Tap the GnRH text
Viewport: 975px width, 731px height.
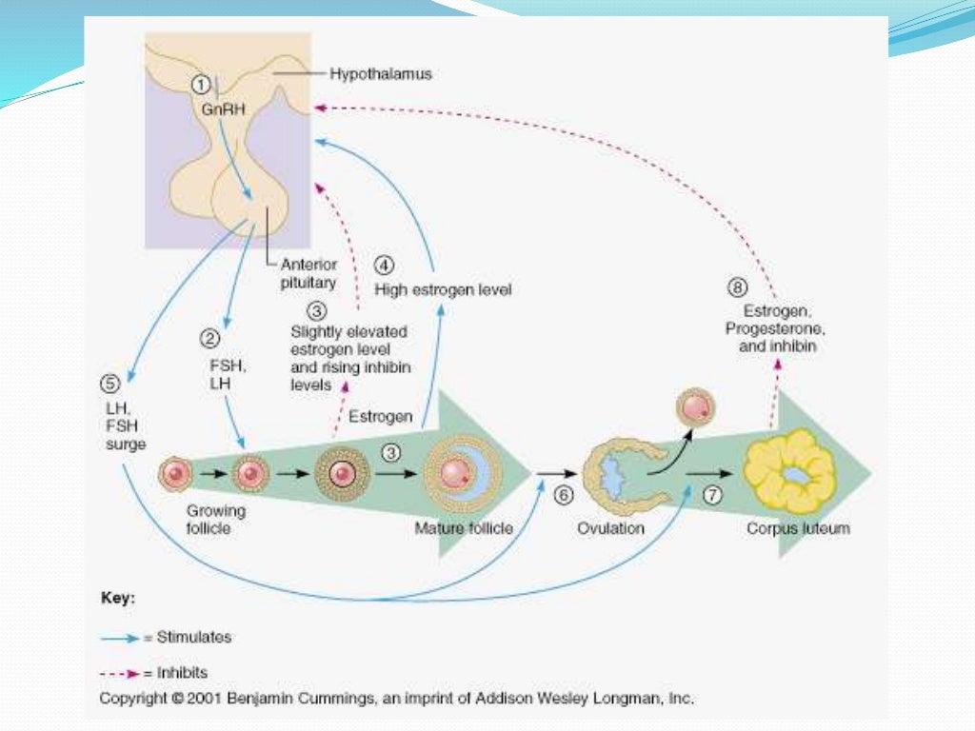click(216, 109)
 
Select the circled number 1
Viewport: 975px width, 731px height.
click(201, 84)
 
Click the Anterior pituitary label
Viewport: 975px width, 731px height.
click(308, 273)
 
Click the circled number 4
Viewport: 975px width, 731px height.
click(386, 266)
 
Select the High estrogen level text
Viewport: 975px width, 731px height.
click(443, 289)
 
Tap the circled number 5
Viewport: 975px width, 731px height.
click(110, 385)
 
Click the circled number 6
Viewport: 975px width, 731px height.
click(564, 495)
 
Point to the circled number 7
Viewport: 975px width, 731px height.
click(714, 495)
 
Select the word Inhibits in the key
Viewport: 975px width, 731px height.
click(181, 672)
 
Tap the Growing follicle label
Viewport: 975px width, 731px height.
click(215, 519)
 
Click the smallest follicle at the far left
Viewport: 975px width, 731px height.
click(174, 472)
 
